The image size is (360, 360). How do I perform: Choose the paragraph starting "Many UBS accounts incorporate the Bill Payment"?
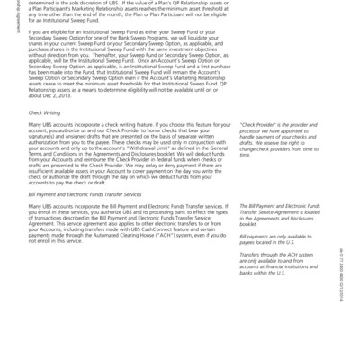tap(126, 225)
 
